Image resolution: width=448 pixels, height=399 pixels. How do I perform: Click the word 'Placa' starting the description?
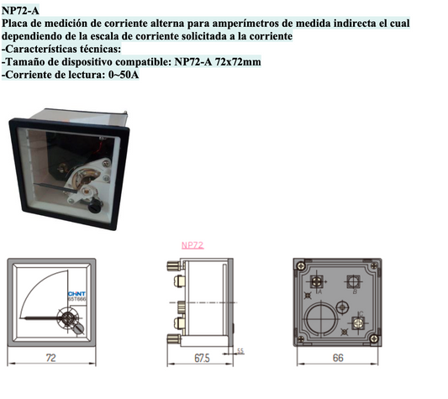pyautogui.click(x=18, y=25)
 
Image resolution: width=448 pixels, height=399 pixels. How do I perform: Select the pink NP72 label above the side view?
pyautogui.click(x=193, y=246)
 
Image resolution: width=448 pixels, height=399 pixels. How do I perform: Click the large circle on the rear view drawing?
pyautogui.click(x=320, y=319)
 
